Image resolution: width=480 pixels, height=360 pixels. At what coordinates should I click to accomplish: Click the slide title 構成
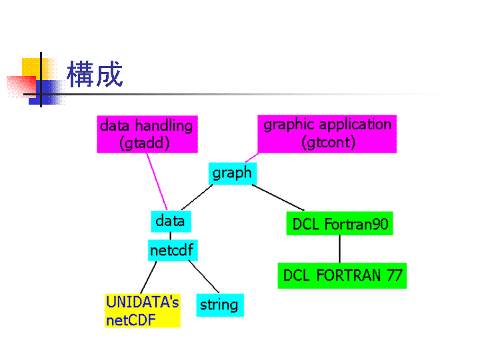tap(95, 74)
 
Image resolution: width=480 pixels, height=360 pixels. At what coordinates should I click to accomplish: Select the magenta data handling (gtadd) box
tap(147, 134)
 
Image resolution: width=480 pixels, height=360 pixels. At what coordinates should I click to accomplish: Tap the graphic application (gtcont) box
tap(327, 134)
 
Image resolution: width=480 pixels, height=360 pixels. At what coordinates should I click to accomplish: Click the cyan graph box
tap(233, 173)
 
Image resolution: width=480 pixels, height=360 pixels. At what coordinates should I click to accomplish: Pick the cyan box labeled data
tap(171, 221)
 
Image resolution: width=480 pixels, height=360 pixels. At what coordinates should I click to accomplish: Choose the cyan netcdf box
tap(173, 251)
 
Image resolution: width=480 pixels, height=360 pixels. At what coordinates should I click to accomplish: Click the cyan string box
tap(220, 305)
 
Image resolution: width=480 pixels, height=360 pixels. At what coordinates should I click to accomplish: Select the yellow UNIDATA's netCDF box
tap(143, 311)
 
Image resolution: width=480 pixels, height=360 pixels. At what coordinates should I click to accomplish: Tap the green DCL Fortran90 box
tap(339, 223)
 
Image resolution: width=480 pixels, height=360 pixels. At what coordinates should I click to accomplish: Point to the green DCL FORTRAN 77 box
tap(342, 275)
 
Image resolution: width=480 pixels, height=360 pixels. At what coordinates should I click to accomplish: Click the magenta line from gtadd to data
tap(157, 181)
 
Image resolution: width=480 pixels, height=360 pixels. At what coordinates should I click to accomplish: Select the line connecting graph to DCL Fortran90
tap(278, 197)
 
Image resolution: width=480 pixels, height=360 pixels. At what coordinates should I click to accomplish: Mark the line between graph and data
tap(197, 197)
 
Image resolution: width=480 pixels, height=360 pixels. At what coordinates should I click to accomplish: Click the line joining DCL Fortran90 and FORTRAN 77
tap(339, 249)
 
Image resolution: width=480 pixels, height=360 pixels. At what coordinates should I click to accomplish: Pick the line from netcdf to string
tap(204, 277)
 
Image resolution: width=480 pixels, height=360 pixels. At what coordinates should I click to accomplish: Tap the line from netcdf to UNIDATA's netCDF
tap(149, 277)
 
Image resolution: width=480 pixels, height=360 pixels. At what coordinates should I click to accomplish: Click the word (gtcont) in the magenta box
tap(328, 143)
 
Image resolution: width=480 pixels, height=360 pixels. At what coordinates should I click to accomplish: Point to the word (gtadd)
tap(145, 143)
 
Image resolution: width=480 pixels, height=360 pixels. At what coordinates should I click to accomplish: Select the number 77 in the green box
tap(394, 275)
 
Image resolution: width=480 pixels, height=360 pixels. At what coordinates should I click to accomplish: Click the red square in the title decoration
tap(21, 87)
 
